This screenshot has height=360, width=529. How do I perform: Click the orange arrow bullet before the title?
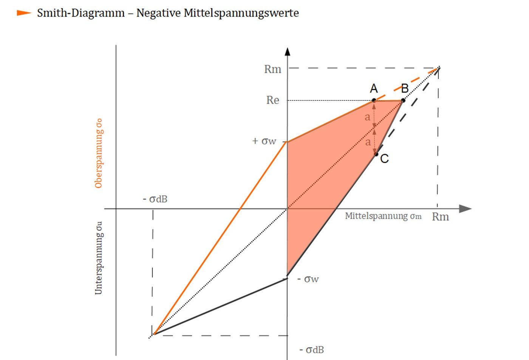[24, 13]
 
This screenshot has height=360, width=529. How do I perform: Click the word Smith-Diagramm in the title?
[80, 13]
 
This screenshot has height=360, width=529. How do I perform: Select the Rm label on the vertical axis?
[272, 69]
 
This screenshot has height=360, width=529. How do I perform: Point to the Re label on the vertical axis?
[272, 100]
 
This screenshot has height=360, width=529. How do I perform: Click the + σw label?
[264, 141]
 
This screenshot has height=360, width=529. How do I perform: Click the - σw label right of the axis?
[308, 279]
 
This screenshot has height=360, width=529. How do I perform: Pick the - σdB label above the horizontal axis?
[155, 199]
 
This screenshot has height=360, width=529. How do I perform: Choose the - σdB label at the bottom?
[312, 350]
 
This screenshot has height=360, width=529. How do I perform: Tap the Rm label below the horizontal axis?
[440, 217]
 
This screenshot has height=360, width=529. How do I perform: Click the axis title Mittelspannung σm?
[383, 216]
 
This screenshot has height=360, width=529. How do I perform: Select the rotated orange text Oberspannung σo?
[99, 153]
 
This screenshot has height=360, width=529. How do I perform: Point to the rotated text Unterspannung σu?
[99, 258]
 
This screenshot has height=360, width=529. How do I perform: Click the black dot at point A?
[374, 100]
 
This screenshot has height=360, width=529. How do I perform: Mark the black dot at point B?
[403, 100]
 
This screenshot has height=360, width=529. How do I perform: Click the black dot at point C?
[376, 154]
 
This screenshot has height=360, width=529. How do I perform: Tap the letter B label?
[405, 89]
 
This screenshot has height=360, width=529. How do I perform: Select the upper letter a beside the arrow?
[367, 117]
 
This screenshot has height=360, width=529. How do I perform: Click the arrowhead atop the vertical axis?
[288, 52]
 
